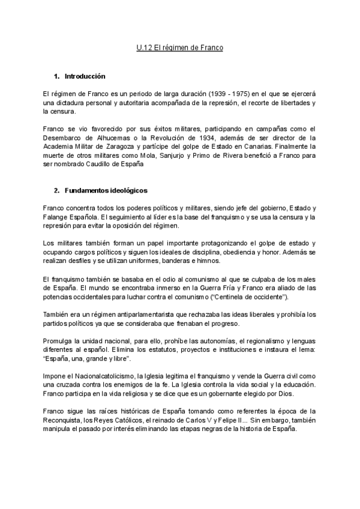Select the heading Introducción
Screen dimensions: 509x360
pos(85,76)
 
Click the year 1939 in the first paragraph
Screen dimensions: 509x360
pos(220,94)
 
